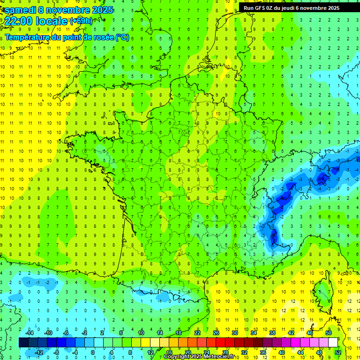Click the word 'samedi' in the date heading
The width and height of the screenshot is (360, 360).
tap(20, 10)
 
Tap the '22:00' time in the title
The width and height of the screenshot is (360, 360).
tap(18, 21)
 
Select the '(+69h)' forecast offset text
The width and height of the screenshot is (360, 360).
tap(81, 21)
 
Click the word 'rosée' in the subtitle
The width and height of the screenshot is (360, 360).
tap(100, 37)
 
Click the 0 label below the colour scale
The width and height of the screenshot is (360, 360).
tap(92, 352)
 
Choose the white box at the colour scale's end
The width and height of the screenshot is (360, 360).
tap(333, 343)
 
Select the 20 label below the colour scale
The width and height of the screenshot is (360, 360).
tap(187, 352)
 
